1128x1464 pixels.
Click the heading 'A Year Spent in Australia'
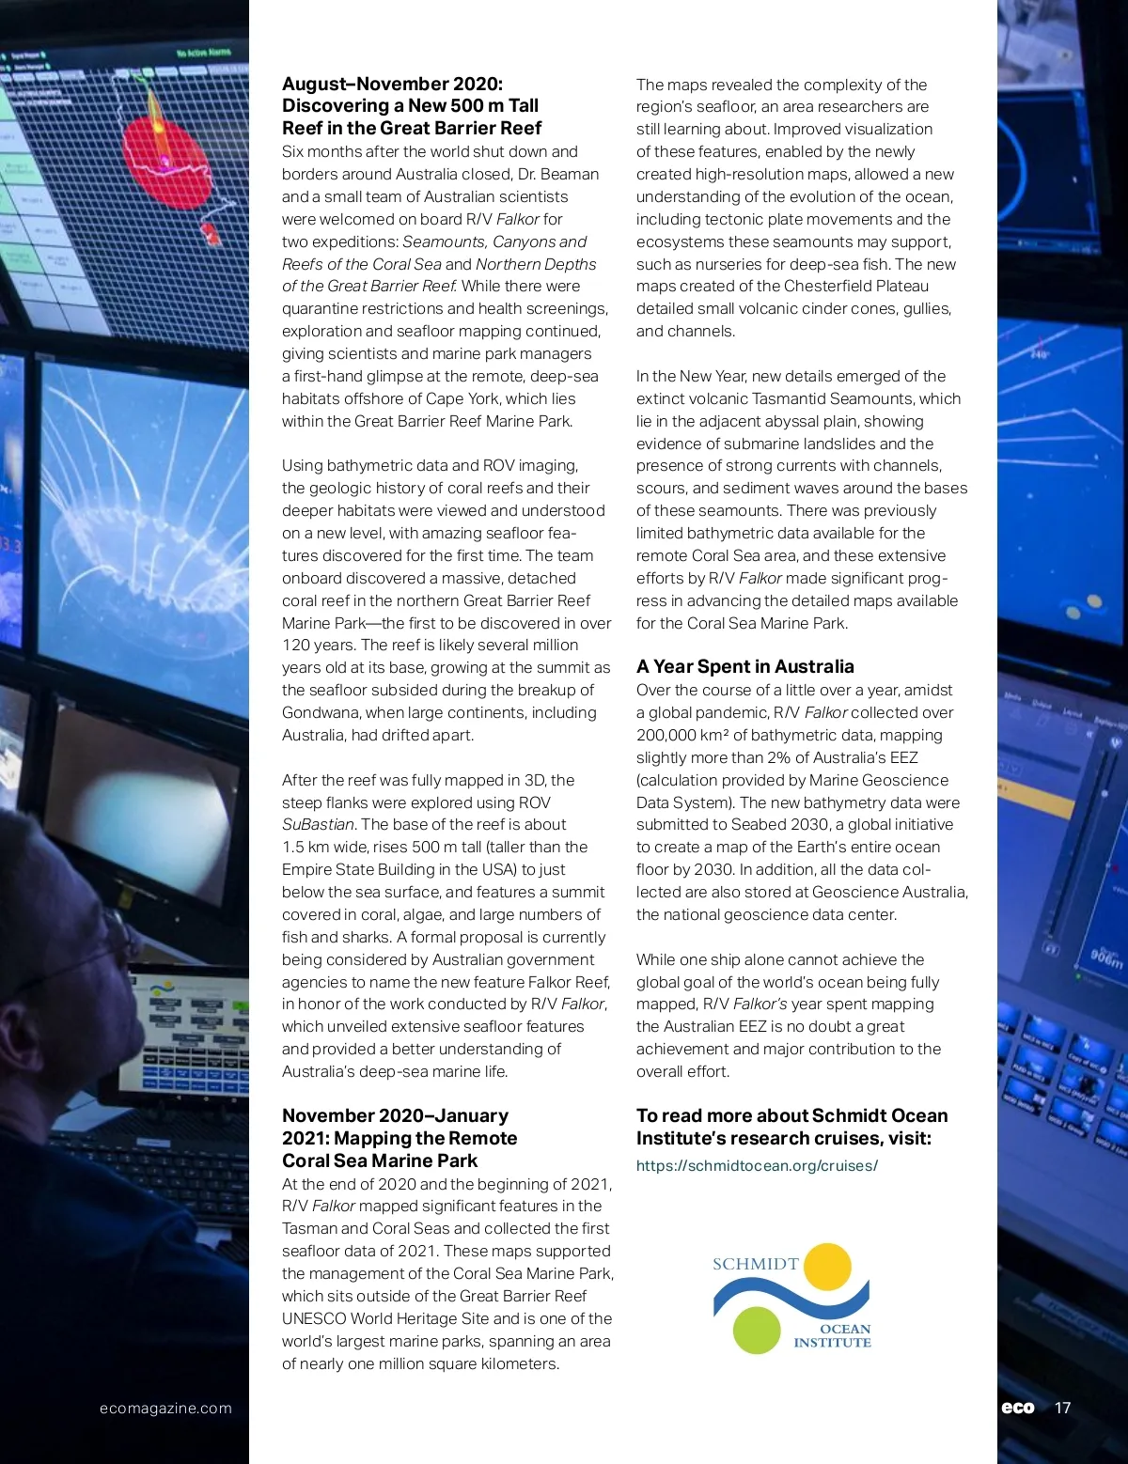(x=744, y=666)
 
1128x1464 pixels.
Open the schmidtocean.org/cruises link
(x=757, y=1165)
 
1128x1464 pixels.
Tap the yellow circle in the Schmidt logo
(x=827, y=1266)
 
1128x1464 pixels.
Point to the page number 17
(x=1062, y=1408)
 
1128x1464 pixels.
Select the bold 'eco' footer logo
(x=1017, y=1408)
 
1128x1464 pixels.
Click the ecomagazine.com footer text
(x=165, y=1408)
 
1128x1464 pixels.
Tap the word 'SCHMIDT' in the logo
(x=755, y=1264)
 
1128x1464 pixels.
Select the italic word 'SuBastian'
(x=318, y=824)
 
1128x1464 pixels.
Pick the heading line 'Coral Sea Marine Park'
(x=379, y=1160)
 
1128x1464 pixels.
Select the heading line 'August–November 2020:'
(x=392, y=84)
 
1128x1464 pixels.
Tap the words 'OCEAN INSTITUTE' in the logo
(x=833, y=1335)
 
